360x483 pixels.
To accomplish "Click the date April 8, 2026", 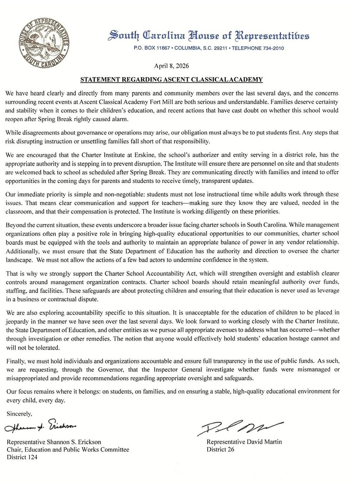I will coord(171,66).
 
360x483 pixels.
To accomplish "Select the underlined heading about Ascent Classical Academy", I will coord(171,80).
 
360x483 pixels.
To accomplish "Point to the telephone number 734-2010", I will coord(272,48).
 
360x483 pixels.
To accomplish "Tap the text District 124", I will coord(22,457).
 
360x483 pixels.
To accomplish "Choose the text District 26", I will coord(220,449).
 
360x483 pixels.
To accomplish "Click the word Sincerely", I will coord(19,414).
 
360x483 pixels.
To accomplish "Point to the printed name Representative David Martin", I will coord(244,442).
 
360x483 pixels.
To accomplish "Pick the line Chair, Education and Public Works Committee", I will coord(68,449).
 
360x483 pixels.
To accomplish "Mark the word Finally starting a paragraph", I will coord(14,361).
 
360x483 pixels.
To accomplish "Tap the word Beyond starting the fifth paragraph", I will coord(15,225).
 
